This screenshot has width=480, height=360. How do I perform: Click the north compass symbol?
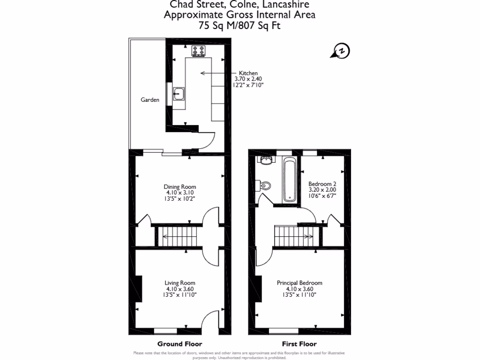[341, 51]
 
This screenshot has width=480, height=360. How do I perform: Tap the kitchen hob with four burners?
[199, 51]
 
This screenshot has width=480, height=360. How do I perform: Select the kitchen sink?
[179, 94]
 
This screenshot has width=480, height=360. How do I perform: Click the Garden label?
[150, 100]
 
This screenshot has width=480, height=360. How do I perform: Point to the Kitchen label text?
[248, 74]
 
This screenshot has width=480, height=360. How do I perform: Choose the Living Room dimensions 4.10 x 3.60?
[180, 289]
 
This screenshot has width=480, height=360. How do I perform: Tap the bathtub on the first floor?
[289, 180]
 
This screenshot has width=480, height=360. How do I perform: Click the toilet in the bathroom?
[264, 185]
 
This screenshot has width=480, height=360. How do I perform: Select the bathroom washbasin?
[266, 161]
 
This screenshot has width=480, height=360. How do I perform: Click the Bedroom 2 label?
[322, 184]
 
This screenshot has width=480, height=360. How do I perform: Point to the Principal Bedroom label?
[300, 283]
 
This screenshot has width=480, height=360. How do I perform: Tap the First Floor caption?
[299, 344]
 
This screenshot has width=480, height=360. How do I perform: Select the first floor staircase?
[293, 235]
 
